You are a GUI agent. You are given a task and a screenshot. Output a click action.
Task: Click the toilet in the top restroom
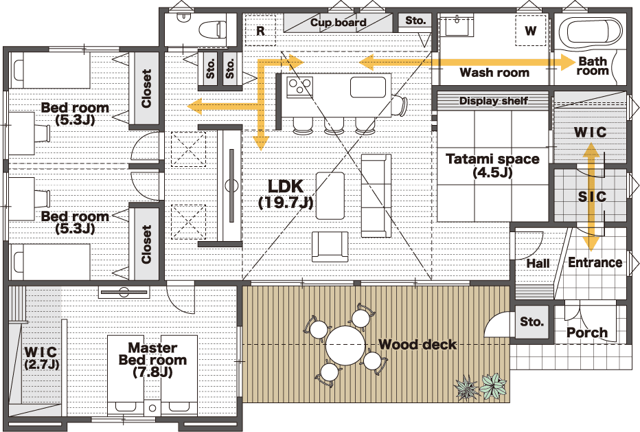pyautogui.click(x=212, y=29)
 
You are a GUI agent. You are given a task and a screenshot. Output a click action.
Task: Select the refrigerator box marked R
pyautogui.click(x=260, y=30)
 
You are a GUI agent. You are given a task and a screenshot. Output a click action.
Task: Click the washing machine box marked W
pyautogui.click(x=530, y=30)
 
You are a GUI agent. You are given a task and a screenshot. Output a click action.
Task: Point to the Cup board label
pyautogui.click(x=339, y=23)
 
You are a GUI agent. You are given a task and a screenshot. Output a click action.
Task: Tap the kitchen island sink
pyautogui.click(x=368, y=87)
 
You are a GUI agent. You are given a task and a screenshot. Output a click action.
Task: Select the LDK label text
pyautogui.click(x=286, y=187)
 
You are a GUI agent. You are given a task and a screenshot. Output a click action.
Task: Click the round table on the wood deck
pyautogui.click(x=345, y=345)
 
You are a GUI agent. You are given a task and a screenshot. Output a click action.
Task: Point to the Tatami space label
pyautogui.click(x=492, y=159)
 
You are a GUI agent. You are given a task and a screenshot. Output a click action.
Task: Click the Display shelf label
pyautogui.click(x=494, y=101)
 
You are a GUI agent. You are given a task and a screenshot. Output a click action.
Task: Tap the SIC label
pyautogui.click(x=592, y=197)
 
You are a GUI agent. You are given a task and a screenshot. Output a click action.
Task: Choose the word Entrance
pyautogui.click(x=595, y=262)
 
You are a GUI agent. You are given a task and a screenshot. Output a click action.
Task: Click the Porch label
pyautogui.click(x=587, y=333)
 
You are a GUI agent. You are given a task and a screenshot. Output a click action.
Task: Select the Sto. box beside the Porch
pyautogui.click(x=532, y=321)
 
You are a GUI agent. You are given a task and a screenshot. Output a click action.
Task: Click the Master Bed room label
pyautogui.click(x=152, y=354)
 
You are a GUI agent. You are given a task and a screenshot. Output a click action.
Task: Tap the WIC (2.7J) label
pyautogui.click(x=41, y=358)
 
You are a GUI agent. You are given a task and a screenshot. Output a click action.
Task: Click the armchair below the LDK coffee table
pyautogui.click(x=330, y=247)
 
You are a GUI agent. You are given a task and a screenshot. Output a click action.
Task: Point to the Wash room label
pyautogui.click(x=494, y=73)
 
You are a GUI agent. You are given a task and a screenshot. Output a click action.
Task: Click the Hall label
pyautogui.click(x=538, y=263)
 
